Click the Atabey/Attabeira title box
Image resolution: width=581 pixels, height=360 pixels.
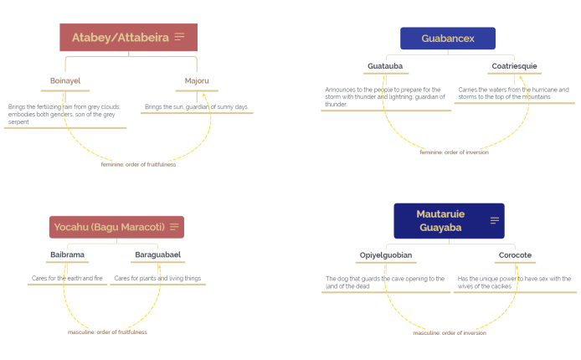pos(121,38)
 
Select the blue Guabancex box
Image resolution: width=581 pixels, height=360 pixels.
pos(447,39)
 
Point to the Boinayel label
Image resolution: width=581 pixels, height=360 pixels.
pos(65,81)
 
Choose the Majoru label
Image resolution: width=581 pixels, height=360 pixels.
pos(197,81)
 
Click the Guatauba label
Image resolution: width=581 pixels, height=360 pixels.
pos(385,66)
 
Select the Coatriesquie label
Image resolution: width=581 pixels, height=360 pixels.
pos(512,66)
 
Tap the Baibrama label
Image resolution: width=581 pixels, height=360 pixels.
pos(67,255)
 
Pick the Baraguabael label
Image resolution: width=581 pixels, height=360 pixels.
pos(157,255)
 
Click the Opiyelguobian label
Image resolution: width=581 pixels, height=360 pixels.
pos(386,255)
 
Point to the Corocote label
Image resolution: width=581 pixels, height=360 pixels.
pos(515,255)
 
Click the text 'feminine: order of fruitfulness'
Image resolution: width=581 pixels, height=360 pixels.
pos(138,164)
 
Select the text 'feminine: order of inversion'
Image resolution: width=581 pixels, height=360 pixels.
pos(454,152)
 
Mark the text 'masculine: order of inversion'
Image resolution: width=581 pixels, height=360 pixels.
pos(449,333)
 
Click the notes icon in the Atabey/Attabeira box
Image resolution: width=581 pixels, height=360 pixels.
pos(179,37)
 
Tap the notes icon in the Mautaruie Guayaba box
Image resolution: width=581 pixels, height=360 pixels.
pos(495,221)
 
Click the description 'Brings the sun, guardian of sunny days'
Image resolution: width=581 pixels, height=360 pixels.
pos(197,107)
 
